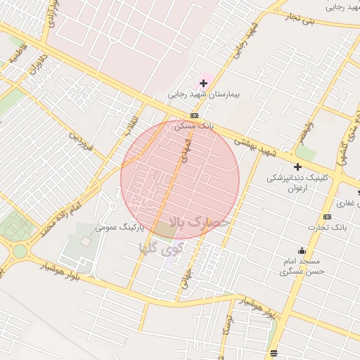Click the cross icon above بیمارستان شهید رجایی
click(204, 83)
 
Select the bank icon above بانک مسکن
click(193, 116)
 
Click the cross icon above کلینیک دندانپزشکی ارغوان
click(297, 167)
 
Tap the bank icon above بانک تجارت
click(327, 217)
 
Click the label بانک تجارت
click(328, 227)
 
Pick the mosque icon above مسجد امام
click(302, 250)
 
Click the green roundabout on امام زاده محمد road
click(19, 250)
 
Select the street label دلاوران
click(37, 65)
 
